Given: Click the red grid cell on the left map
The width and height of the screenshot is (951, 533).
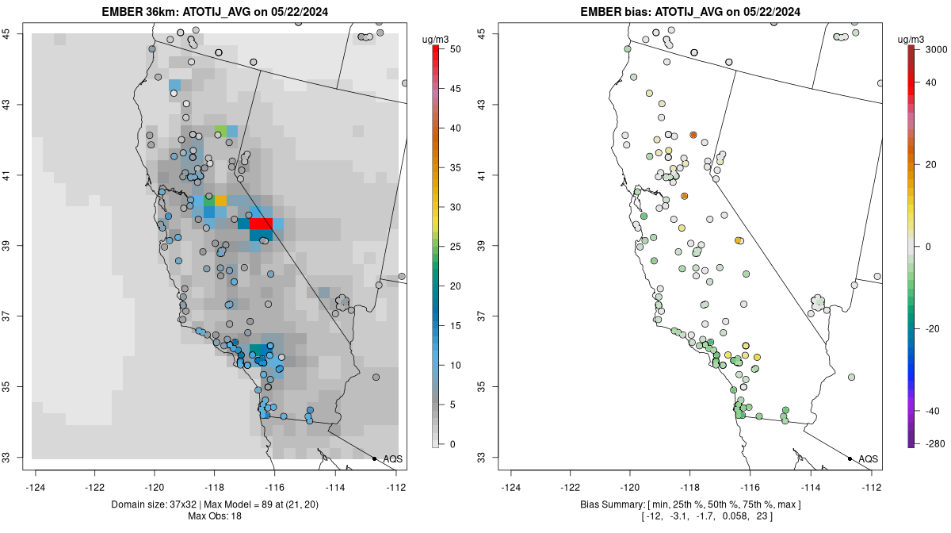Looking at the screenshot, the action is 261,223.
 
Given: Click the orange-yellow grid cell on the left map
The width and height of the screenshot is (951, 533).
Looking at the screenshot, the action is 220,200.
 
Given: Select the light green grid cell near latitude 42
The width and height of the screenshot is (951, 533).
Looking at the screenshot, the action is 220,131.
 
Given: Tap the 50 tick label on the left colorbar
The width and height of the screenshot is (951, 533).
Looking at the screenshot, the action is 455,49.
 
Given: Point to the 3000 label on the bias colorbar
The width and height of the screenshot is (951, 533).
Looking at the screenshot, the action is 936,49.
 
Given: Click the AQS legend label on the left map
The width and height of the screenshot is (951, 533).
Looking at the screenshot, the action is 393,459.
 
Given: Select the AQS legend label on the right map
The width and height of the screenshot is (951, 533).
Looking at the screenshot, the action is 869,459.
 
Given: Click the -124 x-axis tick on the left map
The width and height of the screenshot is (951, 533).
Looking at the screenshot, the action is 35,488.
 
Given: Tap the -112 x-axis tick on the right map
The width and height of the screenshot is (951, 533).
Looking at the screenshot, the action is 871,488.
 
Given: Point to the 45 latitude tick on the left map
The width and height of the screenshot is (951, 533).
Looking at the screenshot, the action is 7,33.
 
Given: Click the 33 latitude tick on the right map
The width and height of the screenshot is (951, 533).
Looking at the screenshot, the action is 483,458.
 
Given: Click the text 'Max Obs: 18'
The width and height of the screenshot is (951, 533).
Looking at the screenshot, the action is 215,516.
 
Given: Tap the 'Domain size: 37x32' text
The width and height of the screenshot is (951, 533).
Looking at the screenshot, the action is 154,504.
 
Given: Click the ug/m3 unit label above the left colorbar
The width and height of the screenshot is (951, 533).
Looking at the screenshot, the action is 436,40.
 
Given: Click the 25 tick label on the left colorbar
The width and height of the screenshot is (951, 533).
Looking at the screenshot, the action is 455,247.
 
